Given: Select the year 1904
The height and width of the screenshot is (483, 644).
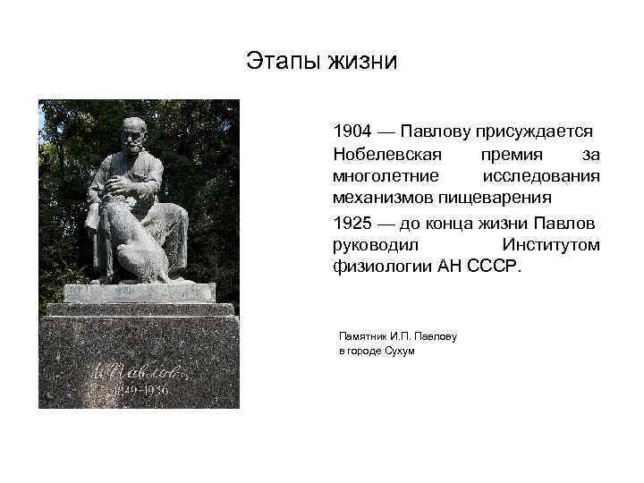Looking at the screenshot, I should (x=352, y=131).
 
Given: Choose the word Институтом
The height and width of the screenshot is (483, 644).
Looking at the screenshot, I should (x=550, y=244).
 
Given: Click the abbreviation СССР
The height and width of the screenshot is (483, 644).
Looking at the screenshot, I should (x=490, y=266).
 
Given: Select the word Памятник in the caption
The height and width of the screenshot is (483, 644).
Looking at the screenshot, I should (x=360, y=336).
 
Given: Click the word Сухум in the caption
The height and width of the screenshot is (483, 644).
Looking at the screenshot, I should (x=399, y=351).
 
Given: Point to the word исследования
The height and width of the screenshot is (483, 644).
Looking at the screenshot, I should (x=540, y=175).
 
